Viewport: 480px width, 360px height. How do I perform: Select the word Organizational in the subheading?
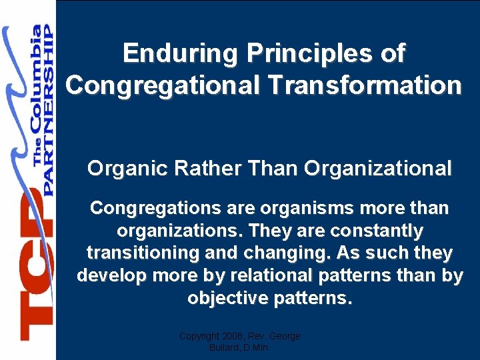pos(377,169)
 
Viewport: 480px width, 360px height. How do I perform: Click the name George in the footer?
pos(286,337)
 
